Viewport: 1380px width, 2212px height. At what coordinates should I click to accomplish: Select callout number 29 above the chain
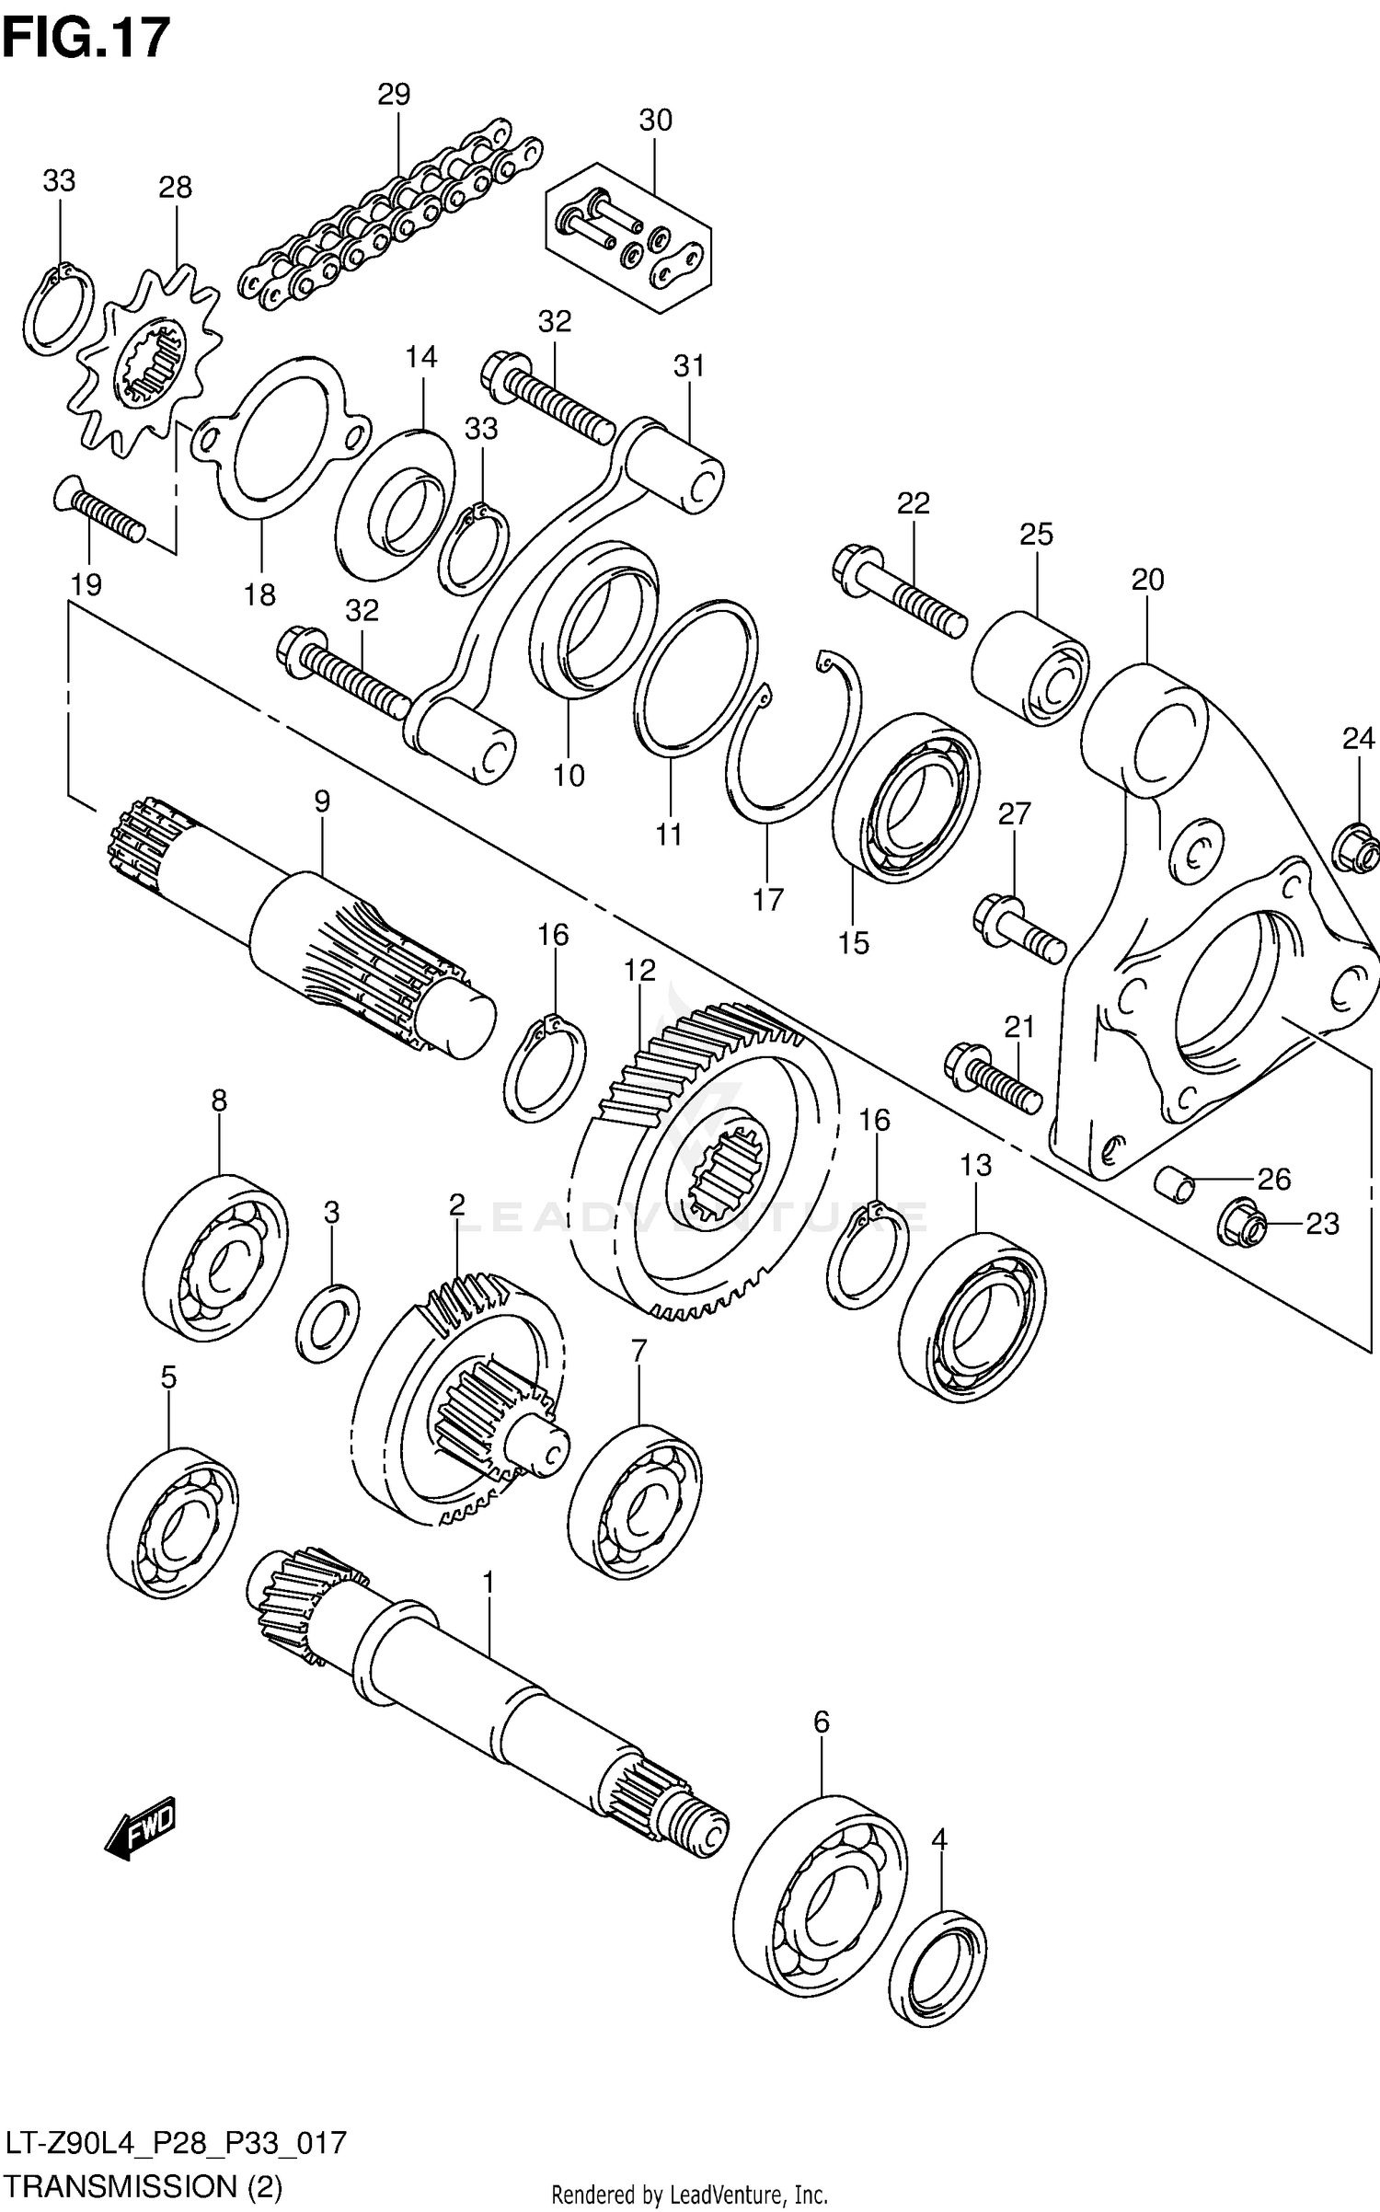tap(394, 94)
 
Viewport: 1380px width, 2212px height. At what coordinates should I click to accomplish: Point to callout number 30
tap(656, 121)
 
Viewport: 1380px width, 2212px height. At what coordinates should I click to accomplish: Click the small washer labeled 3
tap(328, 1324)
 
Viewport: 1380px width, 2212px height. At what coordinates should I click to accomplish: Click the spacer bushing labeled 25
tap(1030, 667)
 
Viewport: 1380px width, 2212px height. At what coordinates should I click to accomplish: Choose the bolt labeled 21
tap(993, 1081)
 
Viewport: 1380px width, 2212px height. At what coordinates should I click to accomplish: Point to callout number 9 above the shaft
tap(321, 801)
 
